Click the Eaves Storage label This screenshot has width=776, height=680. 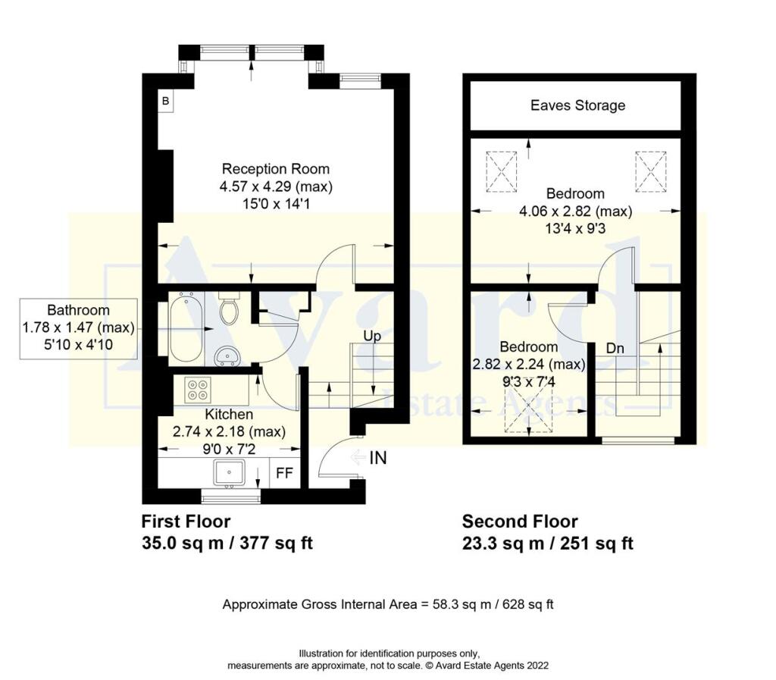coord(577,105)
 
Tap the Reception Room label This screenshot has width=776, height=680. coord(275,168)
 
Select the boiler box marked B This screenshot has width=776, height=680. coord(164,100)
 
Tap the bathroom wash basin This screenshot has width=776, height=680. coord(226,354)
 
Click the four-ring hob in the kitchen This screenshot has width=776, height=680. coord(197,388)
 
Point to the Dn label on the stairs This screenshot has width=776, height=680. coord(615,349)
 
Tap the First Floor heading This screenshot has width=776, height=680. coord(186,522)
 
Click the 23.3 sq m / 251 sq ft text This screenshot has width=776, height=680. coord(547,543)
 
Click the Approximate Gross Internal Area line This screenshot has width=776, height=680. coord(388,604)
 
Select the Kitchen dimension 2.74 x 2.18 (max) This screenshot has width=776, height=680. coord(229,431)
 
